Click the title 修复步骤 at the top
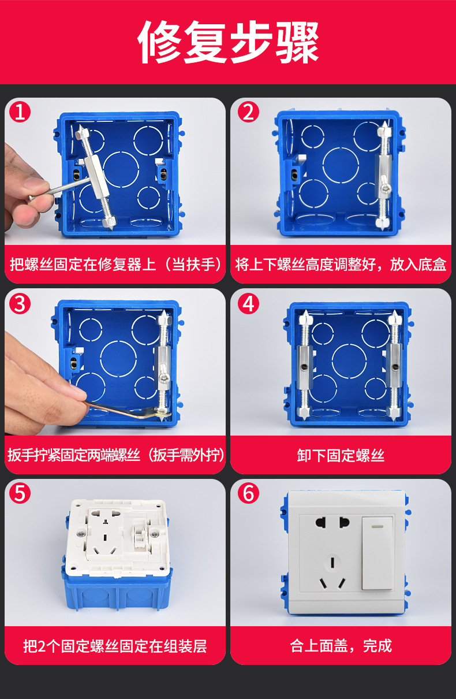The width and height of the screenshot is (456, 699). click(x=228, y=42)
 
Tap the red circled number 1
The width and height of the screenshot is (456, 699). click(x=20, y=112)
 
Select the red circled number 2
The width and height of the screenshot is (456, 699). click(x=248, y=112)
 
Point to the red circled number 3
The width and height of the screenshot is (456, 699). click(x=20, y=304)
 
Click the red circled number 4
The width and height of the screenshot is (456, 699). click(x=248, y=304)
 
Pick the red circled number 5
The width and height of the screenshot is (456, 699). click(x=20, y=494)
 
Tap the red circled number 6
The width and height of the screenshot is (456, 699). click(x=248, y=494)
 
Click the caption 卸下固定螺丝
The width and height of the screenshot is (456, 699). click(x=341, y=456)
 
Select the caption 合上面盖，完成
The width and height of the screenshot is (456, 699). click(x=341, y=646)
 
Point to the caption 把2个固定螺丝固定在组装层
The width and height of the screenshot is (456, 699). click(x=115, y=646)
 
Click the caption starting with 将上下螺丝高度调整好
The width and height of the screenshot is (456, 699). click(x=341, y=265)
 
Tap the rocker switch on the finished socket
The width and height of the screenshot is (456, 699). click(x=377, y=553)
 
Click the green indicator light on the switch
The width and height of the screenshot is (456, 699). click(x=378, y=526)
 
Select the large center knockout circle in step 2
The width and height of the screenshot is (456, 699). click(x=341, y=166)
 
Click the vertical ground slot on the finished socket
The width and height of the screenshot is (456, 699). click(x=332, y=562)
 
